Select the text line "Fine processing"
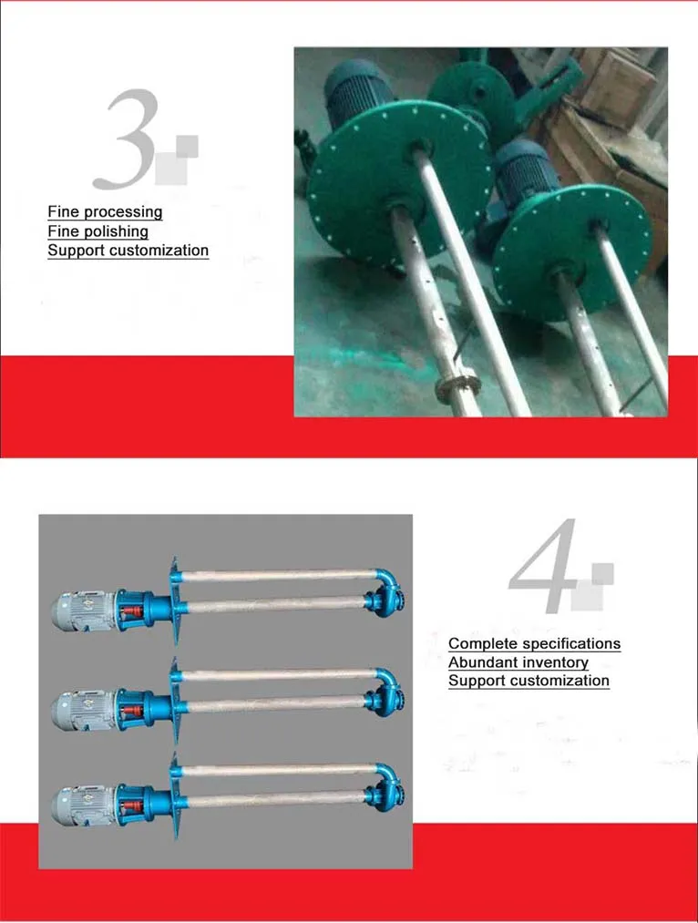pyautogui.click(x=105, y=212)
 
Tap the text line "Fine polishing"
pyautogui.click(x=98, y=231)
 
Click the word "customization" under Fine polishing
pyautogui.click(x=159, y=251)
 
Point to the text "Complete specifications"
pyautogui.click(x=534, y=644)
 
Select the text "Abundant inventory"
pyautogui.click(x=518, y=662)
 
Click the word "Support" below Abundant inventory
pyautogui.click(x=476, y=681)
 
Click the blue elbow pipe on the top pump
pyautogui.click(x=386, y=583)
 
